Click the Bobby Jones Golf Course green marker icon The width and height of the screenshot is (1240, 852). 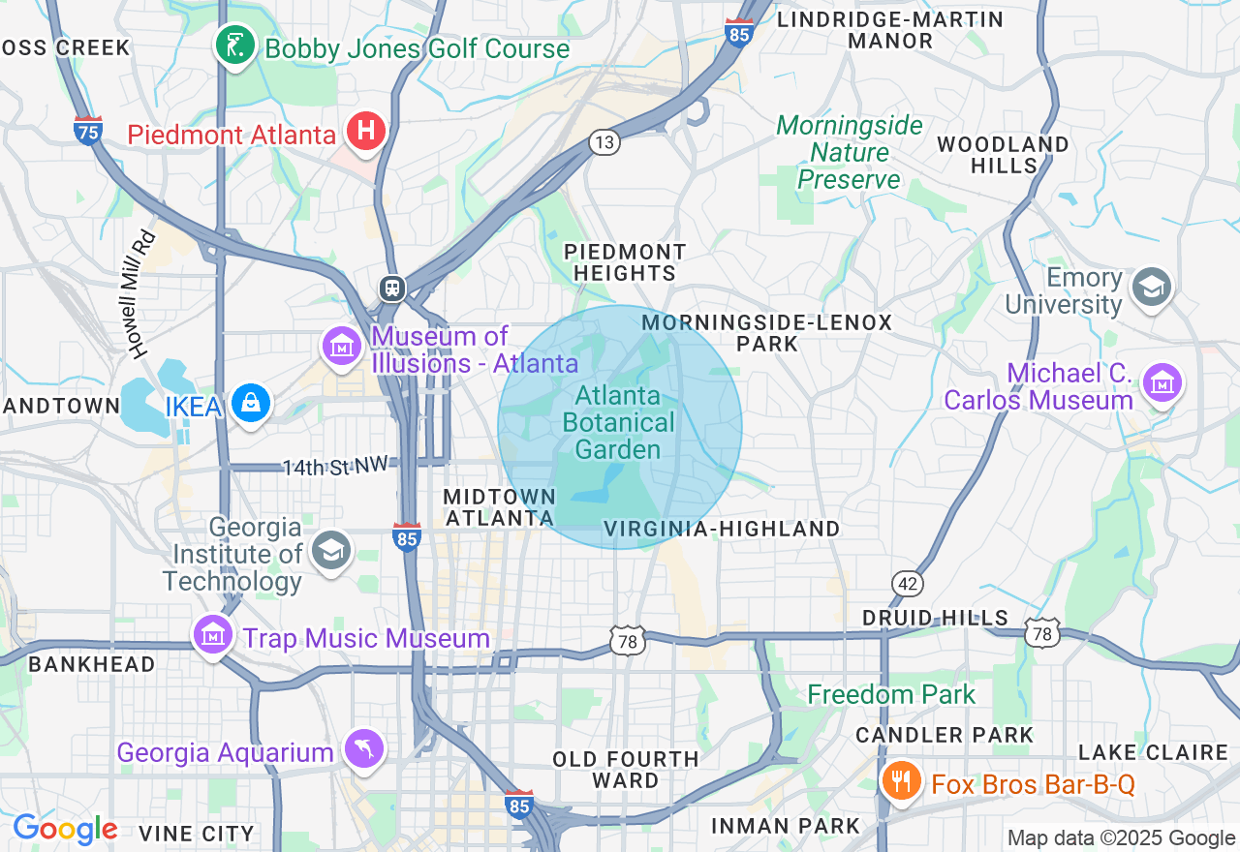pos(234,45)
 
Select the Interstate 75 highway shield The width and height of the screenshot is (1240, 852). pos(88,130)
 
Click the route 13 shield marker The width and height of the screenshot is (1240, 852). pos(604,143)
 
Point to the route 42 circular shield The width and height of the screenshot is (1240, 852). pos(908,584)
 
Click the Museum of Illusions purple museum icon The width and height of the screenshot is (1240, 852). pos(342,346)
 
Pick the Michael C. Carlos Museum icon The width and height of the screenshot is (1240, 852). pos(1162,382)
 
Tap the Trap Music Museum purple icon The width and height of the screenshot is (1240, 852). pos(212,634)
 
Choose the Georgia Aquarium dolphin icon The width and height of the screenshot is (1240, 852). pos(365,748)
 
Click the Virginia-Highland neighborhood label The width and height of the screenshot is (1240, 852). pos(721,529)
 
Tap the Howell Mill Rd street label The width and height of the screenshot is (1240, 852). pos(140,294)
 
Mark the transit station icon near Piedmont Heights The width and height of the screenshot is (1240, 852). pos(392,289)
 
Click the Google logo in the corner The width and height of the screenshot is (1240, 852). pos(65,829)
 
